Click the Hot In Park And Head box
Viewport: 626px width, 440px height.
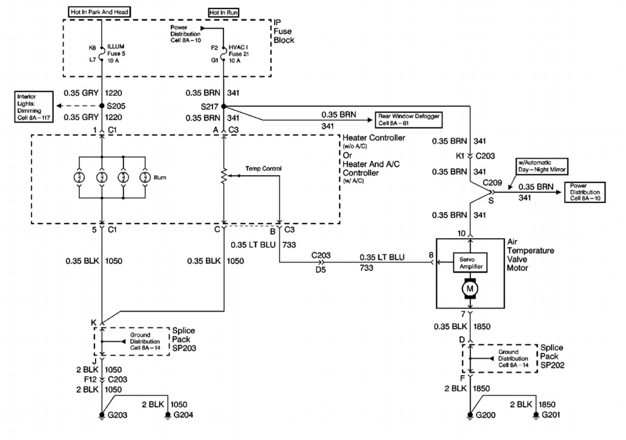tap(100, 12)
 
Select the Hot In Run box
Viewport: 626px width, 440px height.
tap(223, 13)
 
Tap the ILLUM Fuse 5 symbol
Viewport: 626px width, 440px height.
tap(102, 54)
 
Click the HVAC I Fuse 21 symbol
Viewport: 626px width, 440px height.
tap(224, 54)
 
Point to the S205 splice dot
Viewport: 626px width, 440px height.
tap(102, 106)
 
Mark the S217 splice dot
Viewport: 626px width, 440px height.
tap(224, 106)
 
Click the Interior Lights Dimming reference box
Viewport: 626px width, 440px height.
tap(34, 107)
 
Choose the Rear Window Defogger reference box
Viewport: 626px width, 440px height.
tap(408, 120)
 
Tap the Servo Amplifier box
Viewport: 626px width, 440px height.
tap(470, 263)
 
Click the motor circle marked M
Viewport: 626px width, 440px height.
tap(470, 289)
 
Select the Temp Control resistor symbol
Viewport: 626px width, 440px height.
tap(224, 176)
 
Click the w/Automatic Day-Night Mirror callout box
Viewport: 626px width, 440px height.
tap(542, 166)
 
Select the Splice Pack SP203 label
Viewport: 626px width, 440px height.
tap(184, 339)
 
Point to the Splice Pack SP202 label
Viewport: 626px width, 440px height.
tap(552, 356)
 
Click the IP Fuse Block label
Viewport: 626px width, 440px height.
tap(284, 31)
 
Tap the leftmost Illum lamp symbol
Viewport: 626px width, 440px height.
tap(79, 177)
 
